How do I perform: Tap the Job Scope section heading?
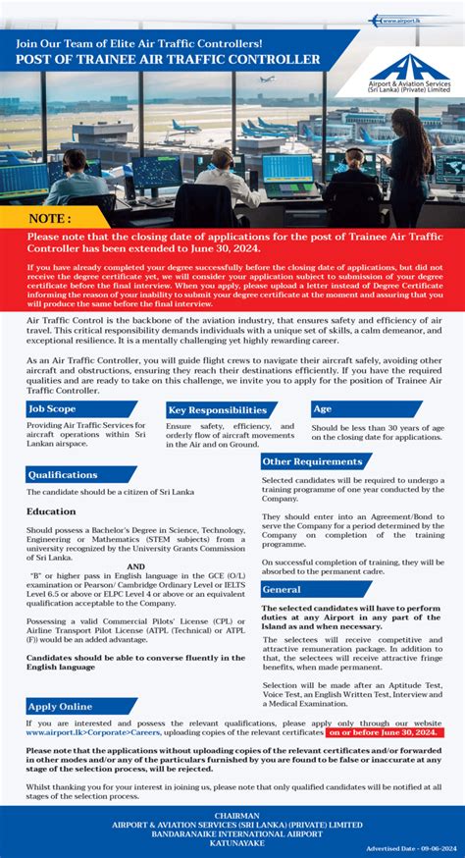[x=53, y=408]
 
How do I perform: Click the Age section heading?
[x=324, y=408]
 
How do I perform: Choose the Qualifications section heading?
[x=63, y=475]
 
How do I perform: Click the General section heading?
[x=284, y=590]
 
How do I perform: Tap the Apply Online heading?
[x=61, y=706]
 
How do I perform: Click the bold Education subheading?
[x=51, y=511]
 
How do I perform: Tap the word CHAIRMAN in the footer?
[x=232, y=815]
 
